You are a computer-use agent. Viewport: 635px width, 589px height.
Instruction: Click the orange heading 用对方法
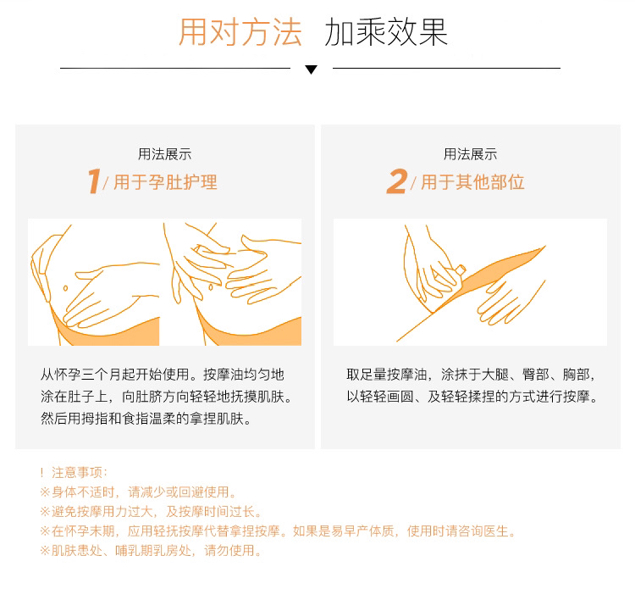[240, 32]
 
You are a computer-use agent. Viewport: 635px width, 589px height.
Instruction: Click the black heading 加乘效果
[386, 32]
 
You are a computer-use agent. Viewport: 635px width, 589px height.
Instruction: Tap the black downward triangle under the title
[311, 69]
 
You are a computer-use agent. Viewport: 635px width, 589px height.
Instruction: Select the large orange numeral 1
[94, 181]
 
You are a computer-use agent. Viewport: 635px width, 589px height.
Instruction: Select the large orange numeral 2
[397, 181]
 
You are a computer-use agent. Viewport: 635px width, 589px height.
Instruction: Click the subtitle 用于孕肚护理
[165, 182]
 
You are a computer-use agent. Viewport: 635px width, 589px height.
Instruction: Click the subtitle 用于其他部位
[472, 182]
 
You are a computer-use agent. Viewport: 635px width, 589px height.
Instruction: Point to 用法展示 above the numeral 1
[164, 154]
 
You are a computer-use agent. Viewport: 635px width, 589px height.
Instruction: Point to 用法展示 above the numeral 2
[470, 154]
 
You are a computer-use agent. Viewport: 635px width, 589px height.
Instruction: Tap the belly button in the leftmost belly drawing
[65, 288]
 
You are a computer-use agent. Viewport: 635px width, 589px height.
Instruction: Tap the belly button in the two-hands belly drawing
[211, 287]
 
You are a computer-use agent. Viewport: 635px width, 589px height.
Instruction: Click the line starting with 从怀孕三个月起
[163, 374]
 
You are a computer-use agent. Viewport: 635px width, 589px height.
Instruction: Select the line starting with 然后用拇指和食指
[146, 419]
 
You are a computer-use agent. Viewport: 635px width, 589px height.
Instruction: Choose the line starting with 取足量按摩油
[471, 374]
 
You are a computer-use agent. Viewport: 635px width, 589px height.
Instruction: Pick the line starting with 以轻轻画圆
[472, 396]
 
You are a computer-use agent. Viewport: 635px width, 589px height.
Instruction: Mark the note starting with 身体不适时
[138, 492]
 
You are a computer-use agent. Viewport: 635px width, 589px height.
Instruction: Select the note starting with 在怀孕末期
[278, 531]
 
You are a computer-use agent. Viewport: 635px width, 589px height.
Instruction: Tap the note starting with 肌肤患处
[151, 550]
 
